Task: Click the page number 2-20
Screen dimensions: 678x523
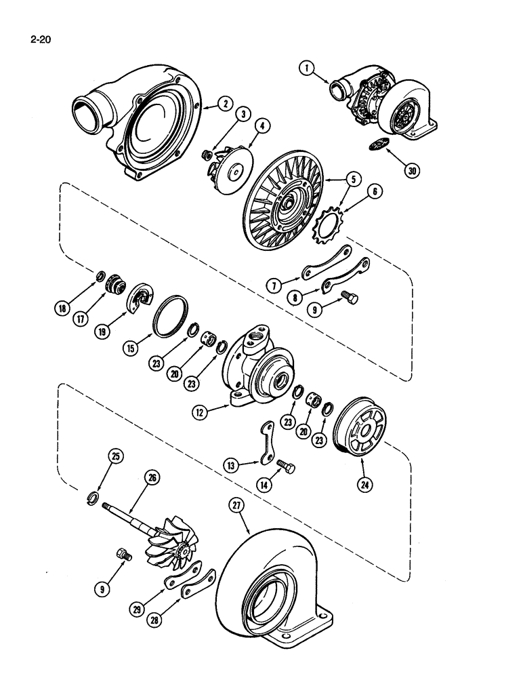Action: click(41, 39)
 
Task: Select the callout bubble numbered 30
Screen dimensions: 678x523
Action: click(411, 170)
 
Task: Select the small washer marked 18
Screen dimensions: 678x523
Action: click(98, 277)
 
